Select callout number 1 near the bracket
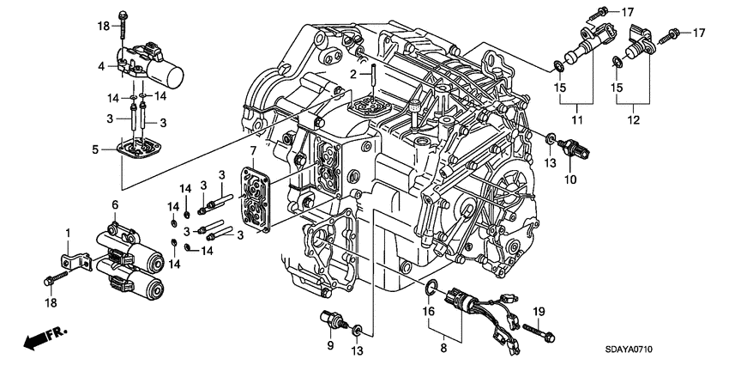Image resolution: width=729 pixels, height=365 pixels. (x=68, y=234)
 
